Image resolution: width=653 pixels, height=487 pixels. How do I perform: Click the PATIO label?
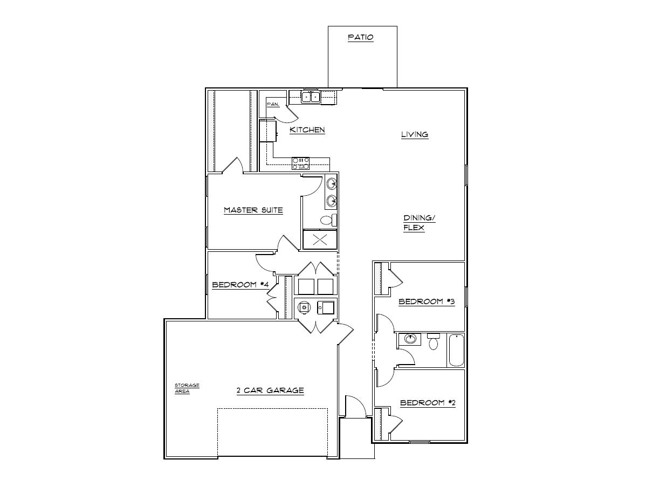(x=360, y=38)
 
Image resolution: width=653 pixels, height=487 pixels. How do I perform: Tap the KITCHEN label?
(x=307, y=130)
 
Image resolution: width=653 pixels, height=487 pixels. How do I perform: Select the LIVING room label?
(x=414, y=134)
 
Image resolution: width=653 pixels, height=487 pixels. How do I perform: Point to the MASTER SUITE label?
(x=253, y=210)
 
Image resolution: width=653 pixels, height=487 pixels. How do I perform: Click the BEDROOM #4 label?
(x=237, y=284)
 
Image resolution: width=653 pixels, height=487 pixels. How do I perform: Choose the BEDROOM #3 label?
(x=427, y=301)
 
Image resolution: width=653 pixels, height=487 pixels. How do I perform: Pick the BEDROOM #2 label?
(x=427, y=403)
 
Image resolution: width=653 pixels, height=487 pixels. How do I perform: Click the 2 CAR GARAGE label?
(x=270, y=390)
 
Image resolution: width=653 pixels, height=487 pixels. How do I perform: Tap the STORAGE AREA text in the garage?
(x=187, y=388)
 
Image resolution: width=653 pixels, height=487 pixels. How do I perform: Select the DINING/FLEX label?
(x=419, y=223)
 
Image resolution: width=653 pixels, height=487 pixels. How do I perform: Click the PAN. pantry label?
(x=272, y=104)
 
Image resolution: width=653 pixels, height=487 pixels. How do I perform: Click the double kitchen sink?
(x=311, y=97)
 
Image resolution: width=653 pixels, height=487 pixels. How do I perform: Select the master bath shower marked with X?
(x=319, y=239)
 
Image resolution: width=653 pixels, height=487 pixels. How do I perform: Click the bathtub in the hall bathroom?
(x=456, y=350)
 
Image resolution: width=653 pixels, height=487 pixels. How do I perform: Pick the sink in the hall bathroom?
(x=410, y=339)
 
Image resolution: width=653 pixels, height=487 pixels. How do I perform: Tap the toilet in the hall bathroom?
(x=434, y=342)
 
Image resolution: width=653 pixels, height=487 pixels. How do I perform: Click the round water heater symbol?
(x=305, y=307)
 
